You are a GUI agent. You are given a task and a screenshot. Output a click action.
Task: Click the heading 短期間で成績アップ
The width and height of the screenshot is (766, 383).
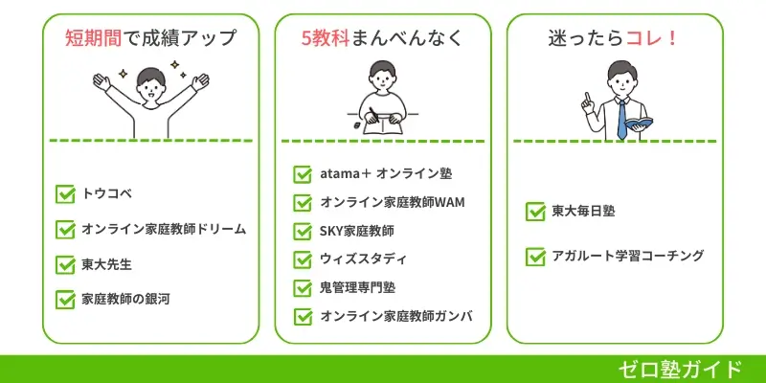pyautogui.click(x=150, y=39)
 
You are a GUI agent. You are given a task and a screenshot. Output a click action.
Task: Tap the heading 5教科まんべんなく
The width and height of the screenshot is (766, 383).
pyautogui.click(x=383, y=39)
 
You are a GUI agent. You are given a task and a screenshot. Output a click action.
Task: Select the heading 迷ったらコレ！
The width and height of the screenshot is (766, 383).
pyautogui.click(x=615, y=39)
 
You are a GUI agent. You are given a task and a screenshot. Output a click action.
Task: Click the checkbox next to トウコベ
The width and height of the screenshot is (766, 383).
pyautogui.click(x=66, y=194)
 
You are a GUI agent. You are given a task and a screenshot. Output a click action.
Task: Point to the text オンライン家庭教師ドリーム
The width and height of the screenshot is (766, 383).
pyautogui.click(x=164, y=230)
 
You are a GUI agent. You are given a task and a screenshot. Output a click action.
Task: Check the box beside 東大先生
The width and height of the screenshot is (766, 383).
pyautogui.click(x=66, y=264)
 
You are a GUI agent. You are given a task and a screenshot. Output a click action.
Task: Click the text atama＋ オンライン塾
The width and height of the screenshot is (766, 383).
pyautogui.click(x=386, y=174)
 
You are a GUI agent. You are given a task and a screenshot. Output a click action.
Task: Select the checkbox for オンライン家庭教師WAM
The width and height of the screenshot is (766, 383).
pyautogui.click(x=303, y=203)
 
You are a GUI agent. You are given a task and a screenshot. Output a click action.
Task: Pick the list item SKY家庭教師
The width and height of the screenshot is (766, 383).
pyautogui.click(x=357, y=231)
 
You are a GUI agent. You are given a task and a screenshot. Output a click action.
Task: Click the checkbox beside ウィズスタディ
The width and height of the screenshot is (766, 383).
pyautogui.click(x=303, y=259)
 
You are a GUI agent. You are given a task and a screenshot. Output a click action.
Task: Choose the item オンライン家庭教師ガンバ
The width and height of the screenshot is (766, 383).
pyautogui.click(x=396, y=316)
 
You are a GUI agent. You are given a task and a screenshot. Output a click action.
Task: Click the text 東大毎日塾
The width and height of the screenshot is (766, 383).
pyautogui.click(x=583, y=211)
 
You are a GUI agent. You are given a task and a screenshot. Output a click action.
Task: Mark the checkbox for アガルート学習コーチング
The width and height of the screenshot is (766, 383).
pyautogui.click(x=535, y=257)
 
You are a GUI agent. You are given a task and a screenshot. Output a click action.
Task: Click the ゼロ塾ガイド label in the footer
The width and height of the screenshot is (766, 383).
pyautogui.click(x=680, y=369)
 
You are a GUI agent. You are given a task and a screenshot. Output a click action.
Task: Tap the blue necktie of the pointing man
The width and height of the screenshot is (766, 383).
pyautogui.click(x=621, y=116)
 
